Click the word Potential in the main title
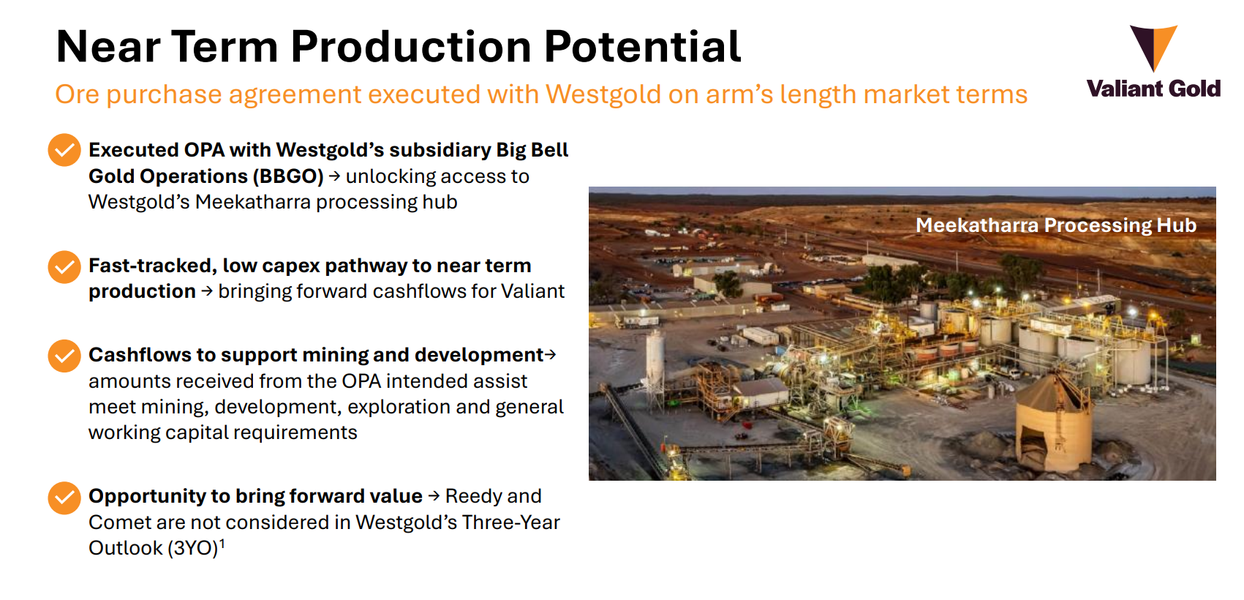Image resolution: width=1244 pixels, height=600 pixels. pos(642,47)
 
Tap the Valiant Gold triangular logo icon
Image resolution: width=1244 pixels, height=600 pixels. pos(1153,46)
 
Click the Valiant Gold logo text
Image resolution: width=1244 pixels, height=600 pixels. pos(1153,89)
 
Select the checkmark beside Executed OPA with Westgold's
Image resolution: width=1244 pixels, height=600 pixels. pos(64,150)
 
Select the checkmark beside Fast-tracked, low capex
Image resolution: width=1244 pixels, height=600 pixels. pos(64,267)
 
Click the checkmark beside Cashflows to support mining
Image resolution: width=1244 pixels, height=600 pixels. pos(64,356)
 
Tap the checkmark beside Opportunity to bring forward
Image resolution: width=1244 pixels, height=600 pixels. pos(64,498)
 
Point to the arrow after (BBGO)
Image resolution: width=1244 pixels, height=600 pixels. pos(334,176)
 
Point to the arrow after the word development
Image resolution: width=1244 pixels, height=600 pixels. pos(551,355)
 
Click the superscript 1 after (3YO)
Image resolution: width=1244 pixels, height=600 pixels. pos(222,543)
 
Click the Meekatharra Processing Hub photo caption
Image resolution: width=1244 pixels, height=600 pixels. pos(1055,225)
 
